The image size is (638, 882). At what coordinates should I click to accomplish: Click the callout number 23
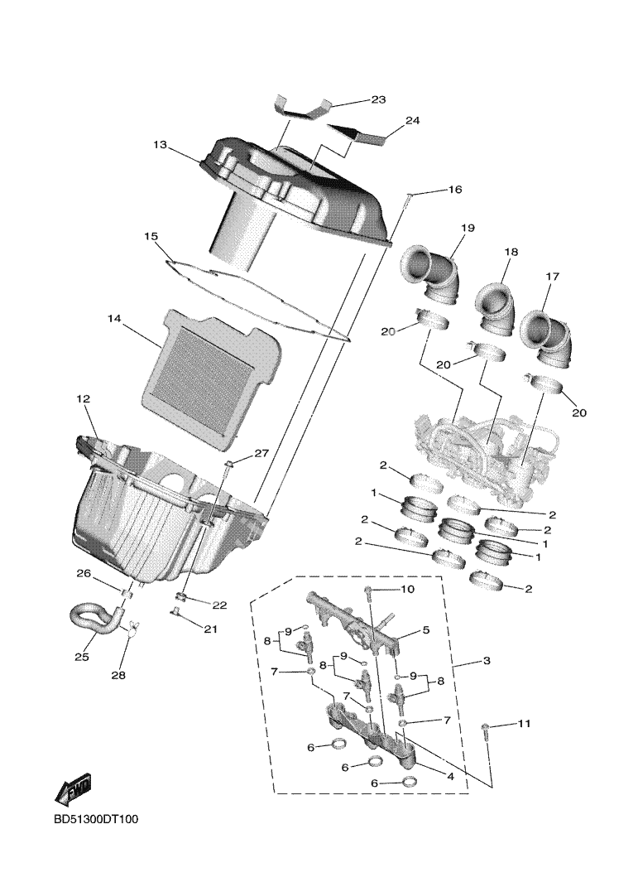378,99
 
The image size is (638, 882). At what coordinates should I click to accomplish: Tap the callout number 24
412,121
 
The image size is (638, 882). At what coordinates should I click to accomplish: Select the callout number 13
160,145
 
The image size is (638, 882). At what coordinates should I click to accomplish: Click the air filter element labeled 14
205,363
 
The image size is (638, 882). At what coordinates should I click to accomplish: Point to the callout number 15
151,236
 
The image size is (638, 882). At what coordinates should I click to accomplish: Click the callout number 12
83,399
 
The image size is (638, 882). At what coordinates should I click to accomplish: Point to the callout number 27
261,453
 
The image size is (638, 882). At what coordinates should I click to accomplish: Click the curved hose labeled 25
93,619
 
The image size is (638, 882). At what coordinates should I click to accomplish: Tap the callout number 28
118,674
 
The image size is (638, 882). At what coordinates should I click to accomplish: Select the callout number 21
210,629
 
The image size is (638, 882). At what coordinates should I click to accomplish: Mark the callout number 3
486,661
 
